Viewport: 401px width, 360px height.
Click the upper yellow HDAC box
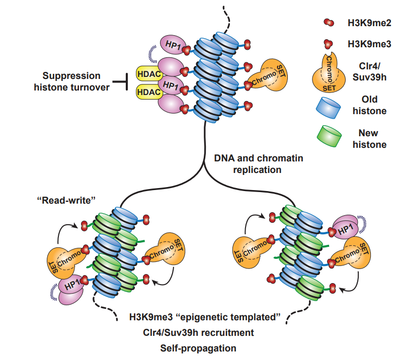pyautogui.click(x=149, y=74)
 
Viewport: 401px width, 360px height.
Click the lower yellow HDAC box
pyautogui.click(x=149, y=92)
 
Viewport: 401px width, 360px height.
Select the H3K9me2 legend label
pyautogui.click(x=369, y=23)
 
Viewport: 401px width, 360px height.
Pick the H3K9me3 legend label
pyautogui.click(x=369, y=44)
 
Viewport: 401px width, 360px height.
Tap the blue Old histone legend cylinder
pyautogui.click(x=329, y=108)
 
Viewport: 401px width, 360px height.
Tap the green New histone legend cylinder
pyautogui.click(x=329, y=136)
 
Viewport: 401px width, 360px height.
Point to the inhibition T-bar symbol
pyautogui.click(x=120, y=81)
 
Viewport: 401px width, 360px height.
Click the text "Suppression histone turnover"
pyautogui.click(x=71, y=81)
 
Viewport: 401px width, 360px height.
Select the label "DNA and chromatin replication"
pyautogui.click(x=258, y=164)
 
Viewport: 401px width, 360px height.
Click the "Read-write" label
pyautogui.click(x=66, y=200)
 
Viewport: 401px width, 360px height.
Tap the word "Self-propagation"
pyautogui.click(x=198, y=348)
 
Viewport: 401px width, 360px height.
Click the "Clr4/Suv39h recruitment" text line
pyautogui.click(x=198, y=333)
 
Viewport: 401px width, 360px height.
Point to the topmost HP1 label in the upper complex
pyautogui.click(x=173, y=45)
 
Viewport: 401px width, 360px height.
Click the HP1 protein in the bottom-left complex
pyautogui.click(x=71, y=289)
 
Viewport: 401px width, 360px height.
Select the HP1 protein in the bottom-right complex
pyautogui.click(x=345, y=227)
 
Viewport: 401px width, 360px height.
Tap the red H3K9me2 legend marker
pyautogui.click(x=329, y=22)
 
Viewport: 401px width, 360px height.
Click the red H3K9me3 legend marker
pyautogui.click(x=328, y=44)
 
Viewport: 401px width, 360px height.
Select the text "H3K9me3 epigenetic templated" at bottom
pyautogui.click(x=205, y=317)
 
